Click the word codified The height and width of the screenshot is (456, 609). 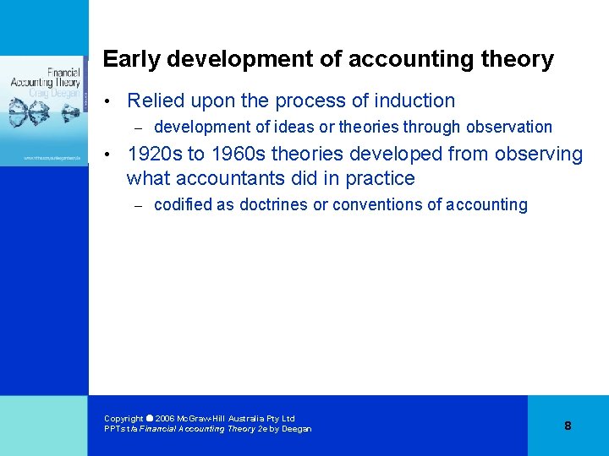[180, 205]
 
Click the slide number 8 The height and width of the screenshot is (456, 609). [568, 426]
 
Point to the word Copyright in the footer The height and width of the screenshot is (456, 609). [123, 419]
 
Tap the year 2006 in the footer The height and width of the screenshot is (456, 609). [165, 419]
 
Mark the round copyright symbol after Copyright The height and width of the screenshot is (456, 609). [150, 418]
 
